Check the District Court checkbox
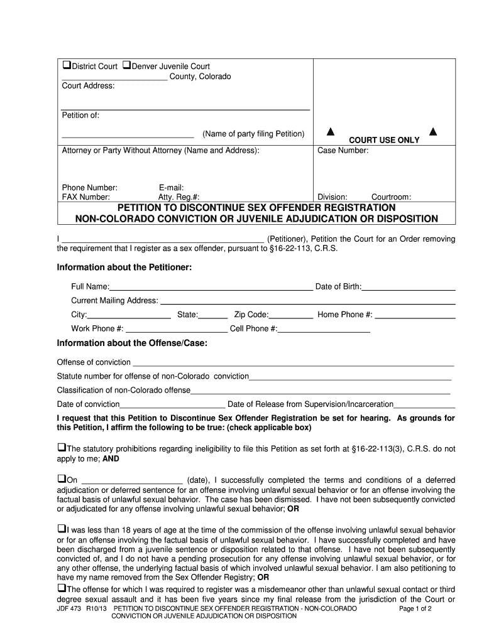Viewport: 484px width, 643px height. click(66, 66)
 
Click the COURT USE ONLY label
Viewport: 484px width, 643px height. click(383, 140)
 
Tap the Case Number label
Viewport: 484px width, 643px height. click(343, 151)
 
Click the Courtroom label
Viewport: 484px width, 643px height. click(391, 197)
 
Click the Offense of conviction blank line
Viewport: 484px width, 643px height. click(292, 364)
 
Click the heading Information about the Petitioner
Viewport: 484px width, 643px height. click(124, 267)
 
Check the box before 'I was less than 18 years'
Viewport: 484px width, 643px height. click(62, 528)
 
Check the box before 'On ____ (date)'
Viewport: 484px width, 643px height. click(62, 479)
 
